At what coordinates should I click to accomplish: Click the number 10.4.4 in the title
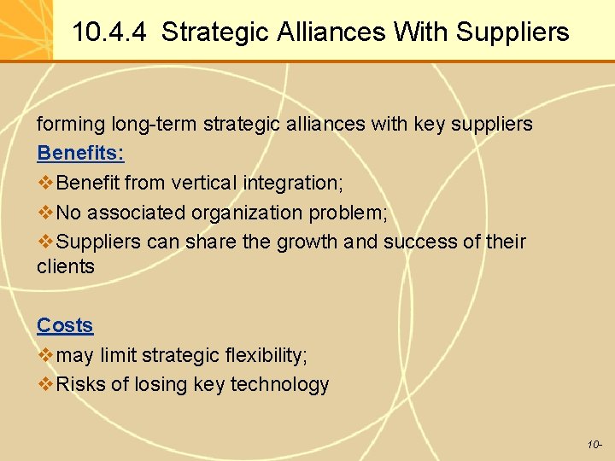[108, 32]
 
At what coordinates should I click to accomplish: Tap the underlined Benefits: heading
[80, 154]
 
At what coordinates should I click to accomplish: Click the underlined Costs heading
[65, 325]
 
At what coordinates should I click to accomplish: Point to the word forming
[71, 125]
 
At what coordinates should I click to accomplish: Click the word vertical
[204, 183]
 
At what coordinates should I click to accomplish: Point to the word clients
[66, 266]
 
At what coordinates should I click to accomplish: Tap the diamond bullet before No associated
[45, 213]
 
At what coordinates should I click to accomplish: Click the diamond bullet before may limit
[45, 355]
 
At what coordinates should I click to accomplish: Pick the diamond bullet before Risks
[45, 384]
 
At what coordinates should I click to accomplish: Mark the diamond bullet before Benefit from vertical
[45, 183]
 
